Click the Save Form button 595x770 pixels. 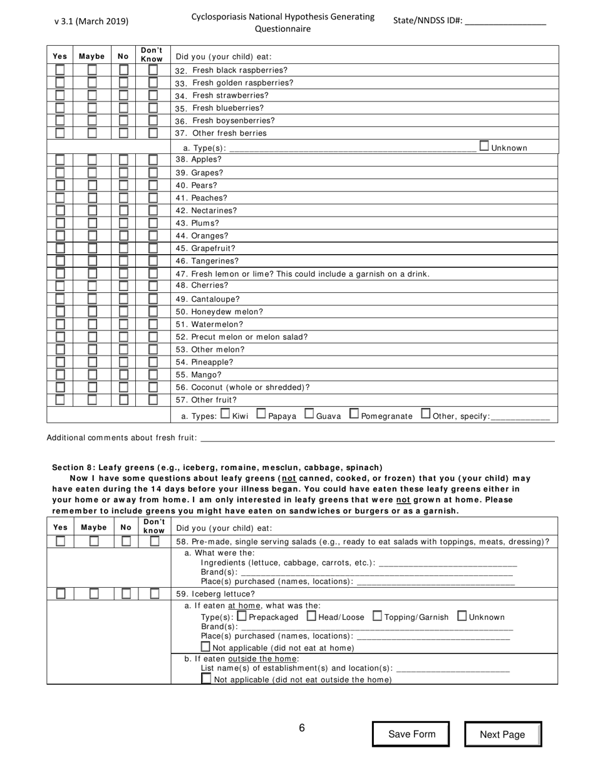pos(411,734)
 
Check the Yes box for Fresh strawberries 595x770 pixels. pos(59,95)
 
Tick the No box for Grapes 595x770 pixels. pos(124,172)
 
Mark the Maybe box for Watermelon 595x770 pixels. pos(91,324)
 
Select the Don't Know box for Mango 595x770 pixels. pos(153,375)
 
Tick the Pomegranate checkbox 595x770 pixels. pos(354,414)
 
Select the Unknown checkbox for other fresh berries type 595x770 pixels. pos(484,146)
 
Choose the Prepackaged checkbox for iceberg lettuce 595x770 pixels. pos(242,616)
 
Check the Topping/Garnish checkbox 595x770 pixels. pos(377,616)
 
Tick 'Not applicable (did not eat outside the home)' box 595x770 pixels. pos(206,679)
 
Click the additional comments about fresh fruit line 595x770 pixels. pos(376,438)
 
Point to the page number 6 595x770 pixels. pos(301,727)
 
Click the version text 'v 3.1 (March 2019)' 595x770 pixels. pos(91,21)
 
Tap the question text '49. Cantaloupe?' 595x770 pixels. pos(207,299)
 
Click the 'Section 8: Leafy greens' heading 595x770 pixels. pos(217,468)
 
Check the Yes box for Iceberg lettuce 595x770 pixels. pos(61,593)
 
